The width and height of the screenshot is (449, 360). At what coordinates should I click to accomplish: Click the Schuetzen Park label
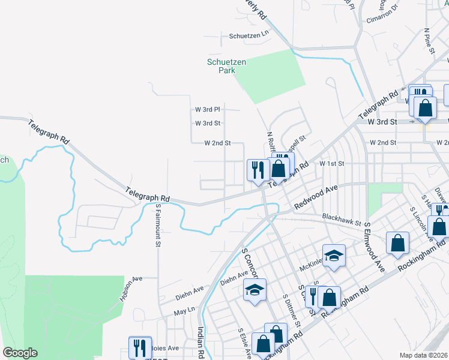pos(220,65)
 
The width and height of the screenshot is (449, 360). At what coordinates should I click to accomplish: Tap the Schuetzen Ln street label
pos(247,37)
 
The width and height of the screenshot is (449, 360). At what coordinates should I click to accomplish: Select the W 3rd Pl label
pos(208,109)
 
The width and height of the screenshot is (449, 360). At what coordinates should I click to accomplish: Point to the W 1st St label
pos(331,163)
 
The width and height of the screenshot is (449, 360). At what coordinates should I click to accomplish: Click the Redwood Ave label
pos(316,197)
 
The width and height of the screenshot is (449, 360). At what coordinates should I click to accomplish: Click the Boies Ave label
pos(164,348)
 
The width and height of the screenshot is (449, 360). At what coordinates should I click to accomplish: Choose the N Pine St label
pos(429,41)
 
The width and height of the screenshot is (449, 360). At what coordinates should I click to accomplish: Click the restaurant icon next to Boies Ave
pos(140,347)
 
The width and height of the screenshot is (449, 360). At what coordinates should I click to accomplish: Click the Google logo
pos(20,353)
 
